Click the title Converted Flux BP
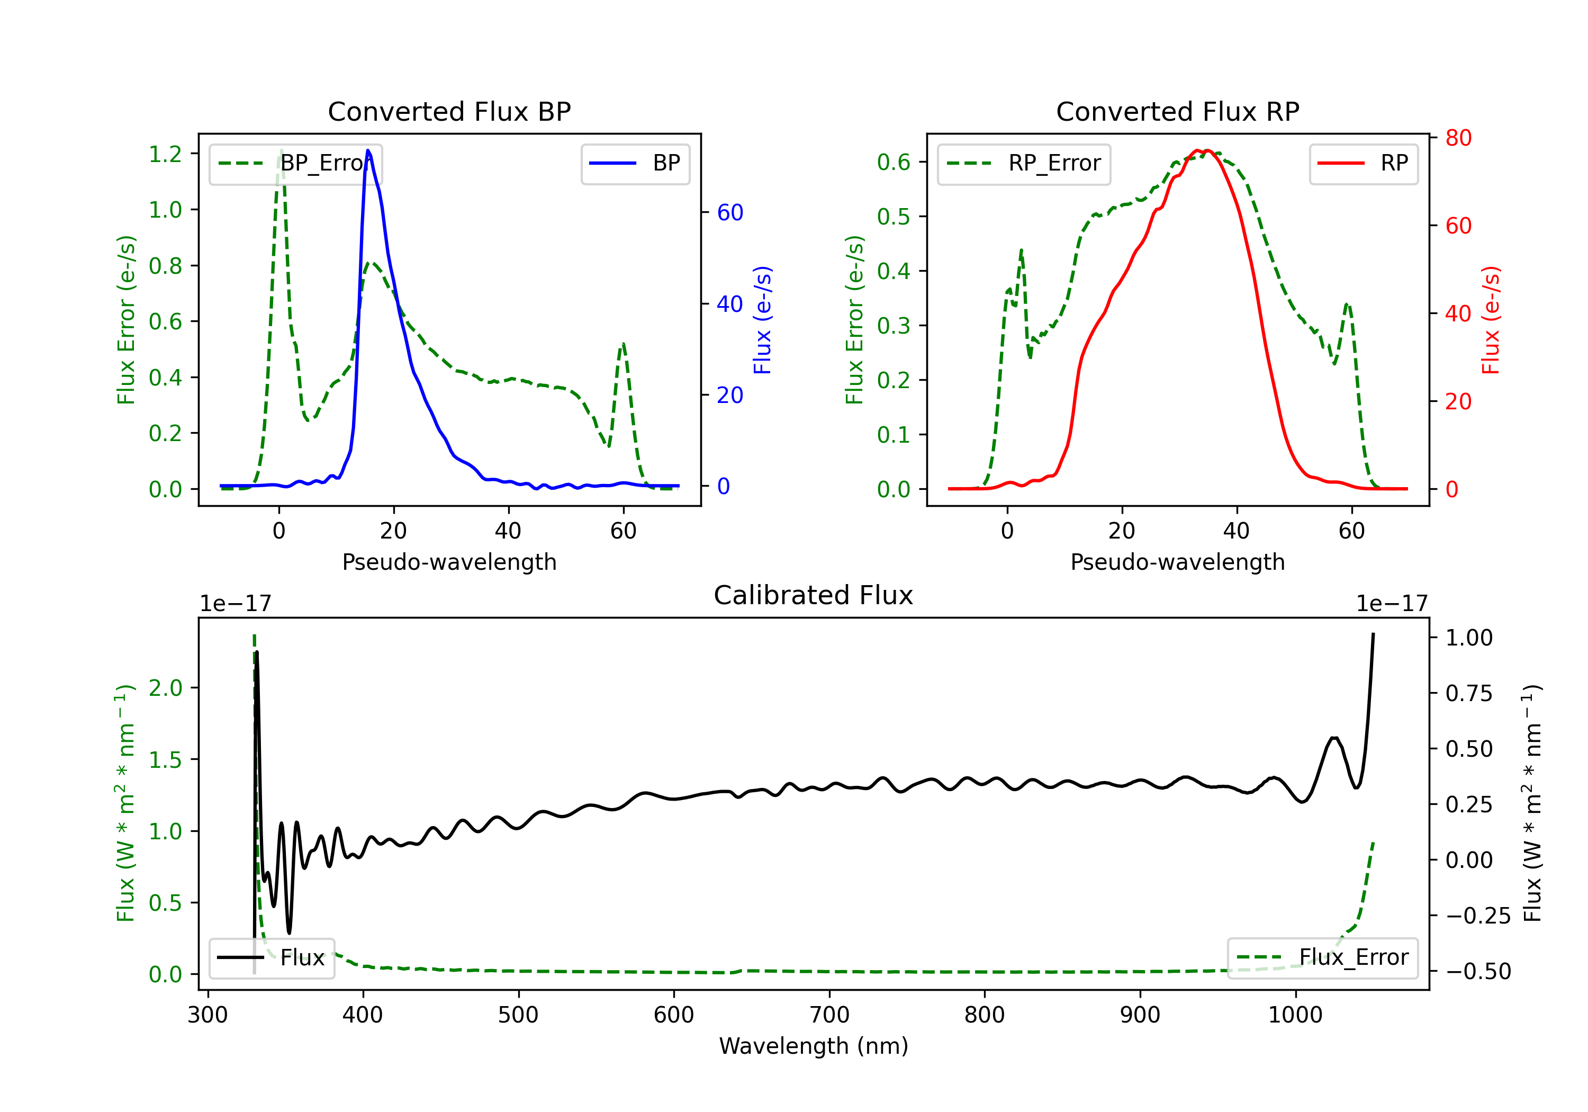449,111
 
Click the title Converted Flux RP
1178,111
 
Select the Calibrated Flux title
814,595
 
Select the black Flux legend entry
272,958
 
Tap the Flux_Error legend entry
1322,958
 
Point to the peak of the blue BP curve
368,150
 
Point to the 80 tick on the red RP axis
1458,138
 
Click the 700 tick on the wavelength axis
829,1015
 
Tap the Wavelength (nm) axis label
814,1046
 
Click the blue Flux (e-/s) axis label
763,320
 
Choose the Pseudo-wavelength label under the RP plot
1178,562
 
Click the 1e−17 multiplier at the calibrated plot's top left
235,604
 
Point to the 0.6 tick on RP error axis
894,162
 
